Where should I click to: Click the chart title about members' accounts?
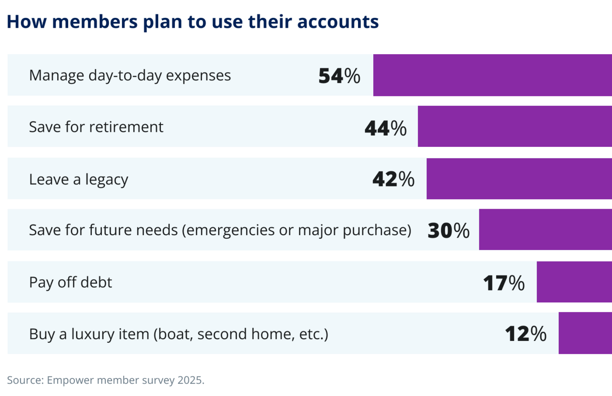click(193, 22)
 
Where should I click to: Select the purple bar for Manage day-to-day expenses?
click(492, 75)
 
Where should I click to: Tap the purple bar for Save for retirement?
click(514, 127)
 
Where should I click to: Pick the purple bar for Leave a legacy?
click(519, 179)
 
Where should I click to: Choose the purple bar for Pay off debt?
click(574, 282)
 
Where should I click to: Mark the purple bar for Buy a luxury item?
click(585, 334)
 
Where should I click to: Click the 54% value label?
click(339, 76)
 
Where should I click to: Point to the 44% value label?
click(385, 128)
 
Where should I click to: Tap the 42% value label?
click(393, 180)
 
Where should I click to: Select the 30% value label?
click(448, 231)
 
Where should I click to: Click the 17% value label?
click(504, 283)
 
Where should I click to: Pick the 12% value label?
click(526, 335)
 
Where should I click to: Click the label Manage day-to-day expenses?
click(130, 75)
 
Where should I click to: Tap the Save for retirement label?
click(96, 127)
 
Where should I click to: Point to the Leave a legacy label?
click(78, 179)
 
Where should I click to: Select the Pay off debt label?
click(70, 283)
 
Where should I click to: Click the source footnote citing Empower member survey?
click(106, 380)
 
